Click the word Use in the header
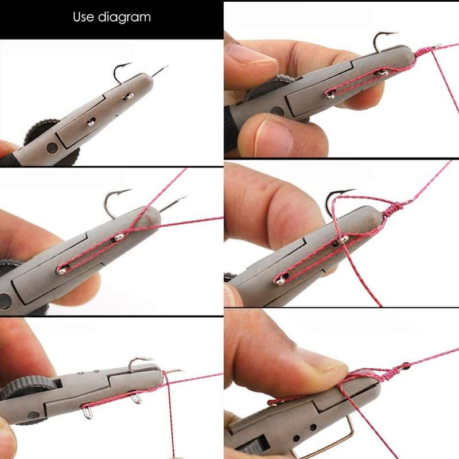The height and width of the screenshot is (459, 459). coord(83,17)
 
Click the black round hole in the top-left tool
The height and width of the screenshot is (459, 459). coord(51,147)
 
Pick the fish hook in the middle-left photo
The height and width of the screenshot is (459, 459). coord(115,201)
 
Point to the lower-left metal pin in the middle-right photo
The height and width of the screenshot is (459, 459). coord(279,280)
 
